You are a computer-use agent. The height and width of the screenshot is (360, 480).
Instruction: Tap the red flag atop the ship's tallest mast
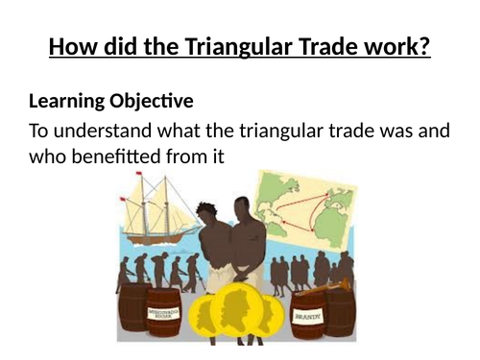(140, 175)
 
